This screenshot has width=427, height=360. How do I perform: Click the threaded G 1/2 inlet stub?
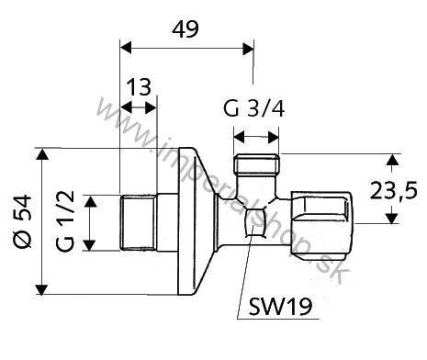[138, 221]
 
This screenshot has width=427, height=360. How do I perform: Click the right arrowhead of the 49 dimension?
[248, 45]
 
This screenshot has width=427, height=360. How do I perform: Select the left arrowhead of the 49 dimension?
[127, 45]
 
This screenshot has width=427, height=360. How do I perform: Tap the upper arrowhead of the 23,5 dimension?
[391, 161]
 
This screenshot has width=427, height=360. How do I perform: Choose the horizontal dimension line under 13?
[140, 107]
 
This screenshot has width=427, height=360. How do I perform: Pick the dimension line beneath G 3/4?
[256, 137]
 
